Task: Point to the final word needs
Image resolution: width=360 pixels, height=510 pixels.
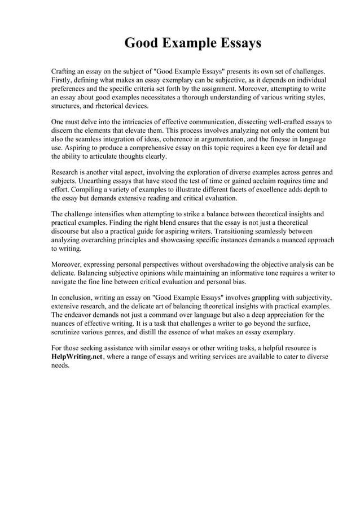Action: pyautogui.click(x=60, y=365)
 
